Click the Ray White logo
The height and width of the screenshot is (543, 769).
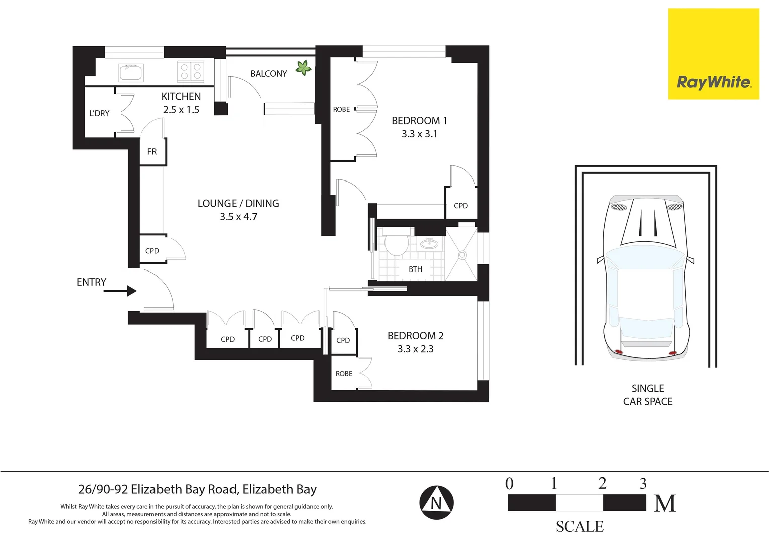point(713,54)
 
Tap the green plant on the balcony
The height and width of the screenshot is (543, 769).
point(303,67)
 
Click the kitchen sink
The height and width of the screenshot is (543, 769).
point(131,73)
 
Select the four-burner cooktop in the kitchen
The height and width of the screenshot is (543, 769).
point(191,71)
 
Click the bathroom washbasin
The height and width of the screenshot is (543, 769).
point(429,244)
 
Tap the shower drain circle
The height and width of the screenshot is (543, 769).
point(462,255)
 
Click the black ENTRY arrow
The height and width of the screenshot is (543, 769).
point(120,291)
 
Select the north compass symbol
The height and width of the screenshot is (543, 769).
point(436,502)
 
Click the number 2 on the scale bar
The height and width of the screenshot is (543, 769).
point(602,483)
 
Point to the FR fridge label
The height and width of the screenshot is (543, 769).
point(152,152)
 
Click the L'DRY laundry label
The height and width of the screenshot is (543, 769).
point(99,113)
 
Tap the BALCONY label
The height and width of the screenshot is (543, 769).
point(268,74)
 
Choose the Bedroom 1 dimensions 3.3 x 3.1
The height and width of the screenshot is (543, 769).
point(420,134)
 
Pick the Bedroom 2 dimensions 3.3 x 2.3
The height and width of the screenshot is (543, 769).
point(415,349)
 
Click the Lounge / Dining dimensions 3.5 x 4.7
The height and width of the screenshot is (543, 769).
point(239,216)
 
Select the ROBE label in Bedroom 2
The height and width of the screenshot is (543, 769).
point(344,373)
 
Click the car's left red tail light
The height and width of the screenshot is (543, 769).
point(619,352)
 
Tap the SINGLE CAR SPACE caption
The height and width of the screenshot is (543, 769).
point(648,395)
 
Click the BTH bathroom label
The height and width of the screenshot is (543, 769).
point(415,269)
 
